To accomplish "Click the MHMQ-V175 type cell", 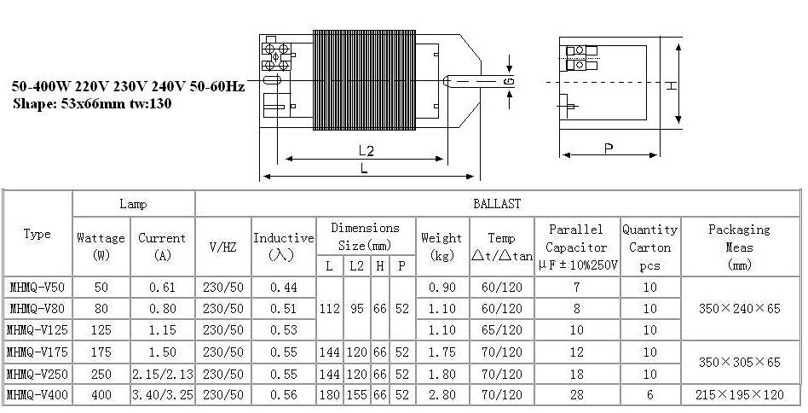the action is (38, 352).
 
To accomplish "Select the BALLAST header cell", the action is (497, 204).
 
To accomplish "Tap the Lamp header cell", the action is (134, 204).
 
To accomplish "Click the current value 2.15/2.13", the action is (163, 374).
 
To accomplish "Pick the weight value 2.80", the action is (442, 395).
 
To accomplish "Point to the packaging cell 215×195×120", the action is (739, 395).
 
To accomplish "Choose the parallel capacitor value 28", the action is (577, 395).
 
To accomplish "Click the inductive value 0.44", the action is (284, 288).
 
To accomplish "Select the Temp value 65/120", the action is (501, 330).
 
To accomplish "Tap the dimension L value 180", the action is (329, 395).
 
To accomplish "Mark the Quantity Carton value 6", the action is (649, 395).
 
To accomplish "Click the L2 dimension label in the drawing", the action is (366, 150).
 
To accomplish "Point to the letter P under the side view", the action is (609, 148).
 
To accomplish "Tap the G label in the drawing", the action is (509, 81).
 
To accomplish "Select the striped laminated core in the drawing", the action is (364, 80).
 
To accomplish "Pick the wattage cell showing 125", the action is (101, 330).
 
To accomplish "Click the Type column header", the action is (38, 234).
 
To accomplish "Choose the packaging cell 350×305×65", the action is (739, 362).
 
